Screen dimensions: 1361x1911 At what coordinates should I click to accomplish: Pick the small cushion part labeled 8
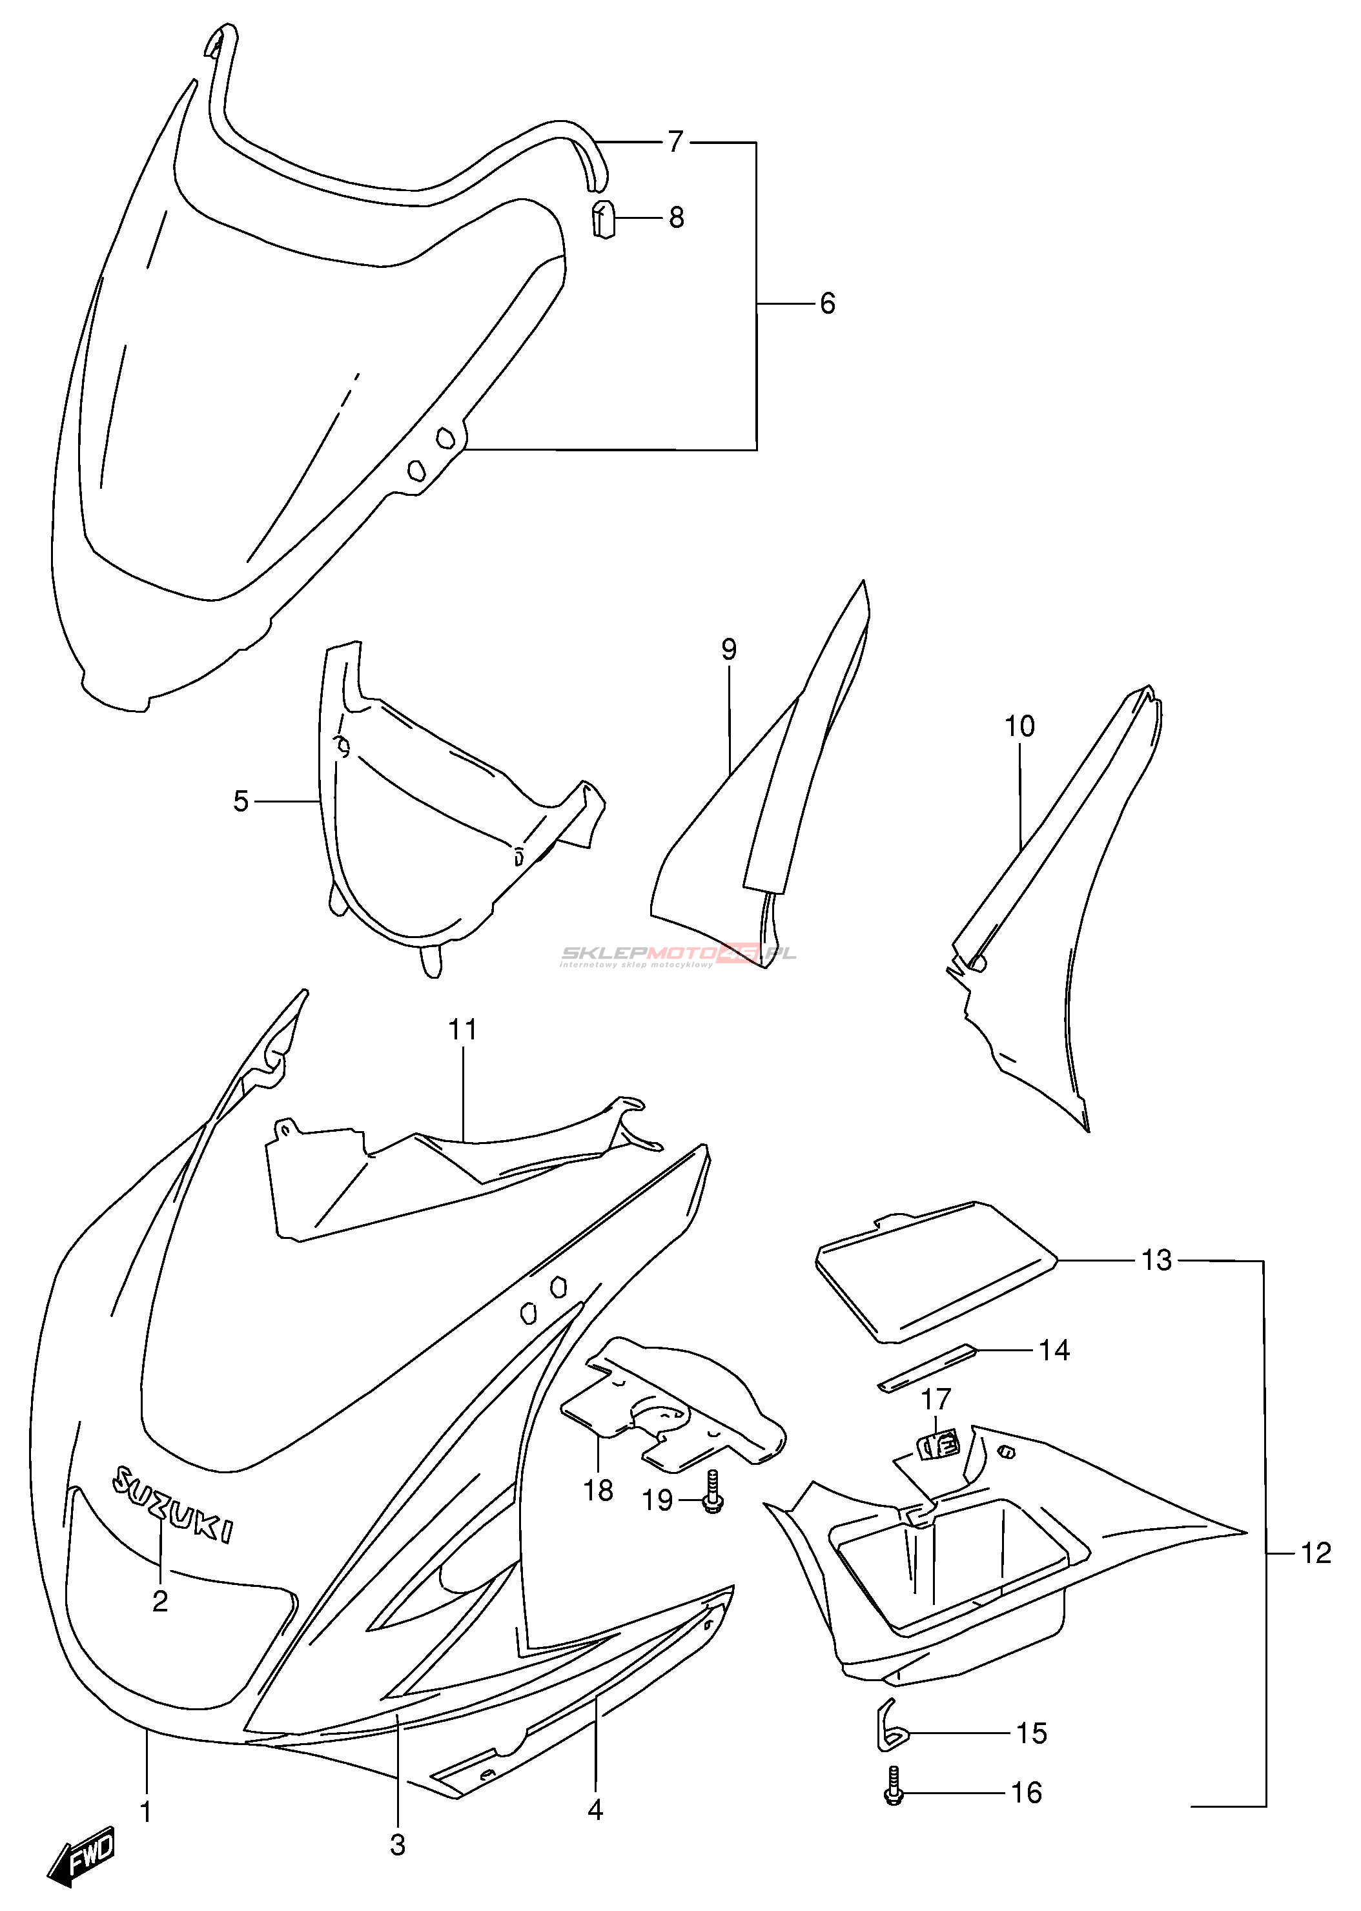click(x=604, y=220)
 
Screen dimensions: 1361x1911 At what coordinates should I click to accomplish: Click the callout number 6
click(x=827, y=303)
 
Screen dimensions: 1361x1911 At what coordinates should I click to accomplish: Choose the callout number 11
click(x=463, y=1030)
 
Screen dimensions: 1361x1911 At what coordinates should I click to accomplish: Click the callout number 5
click(x=241, y=802)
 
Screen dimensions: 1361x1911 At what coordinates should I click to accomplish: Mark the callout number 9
click(x=728, y=649)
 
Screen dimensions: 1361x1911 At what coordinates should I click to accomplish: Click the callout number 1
click(x=146, y=1812)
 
